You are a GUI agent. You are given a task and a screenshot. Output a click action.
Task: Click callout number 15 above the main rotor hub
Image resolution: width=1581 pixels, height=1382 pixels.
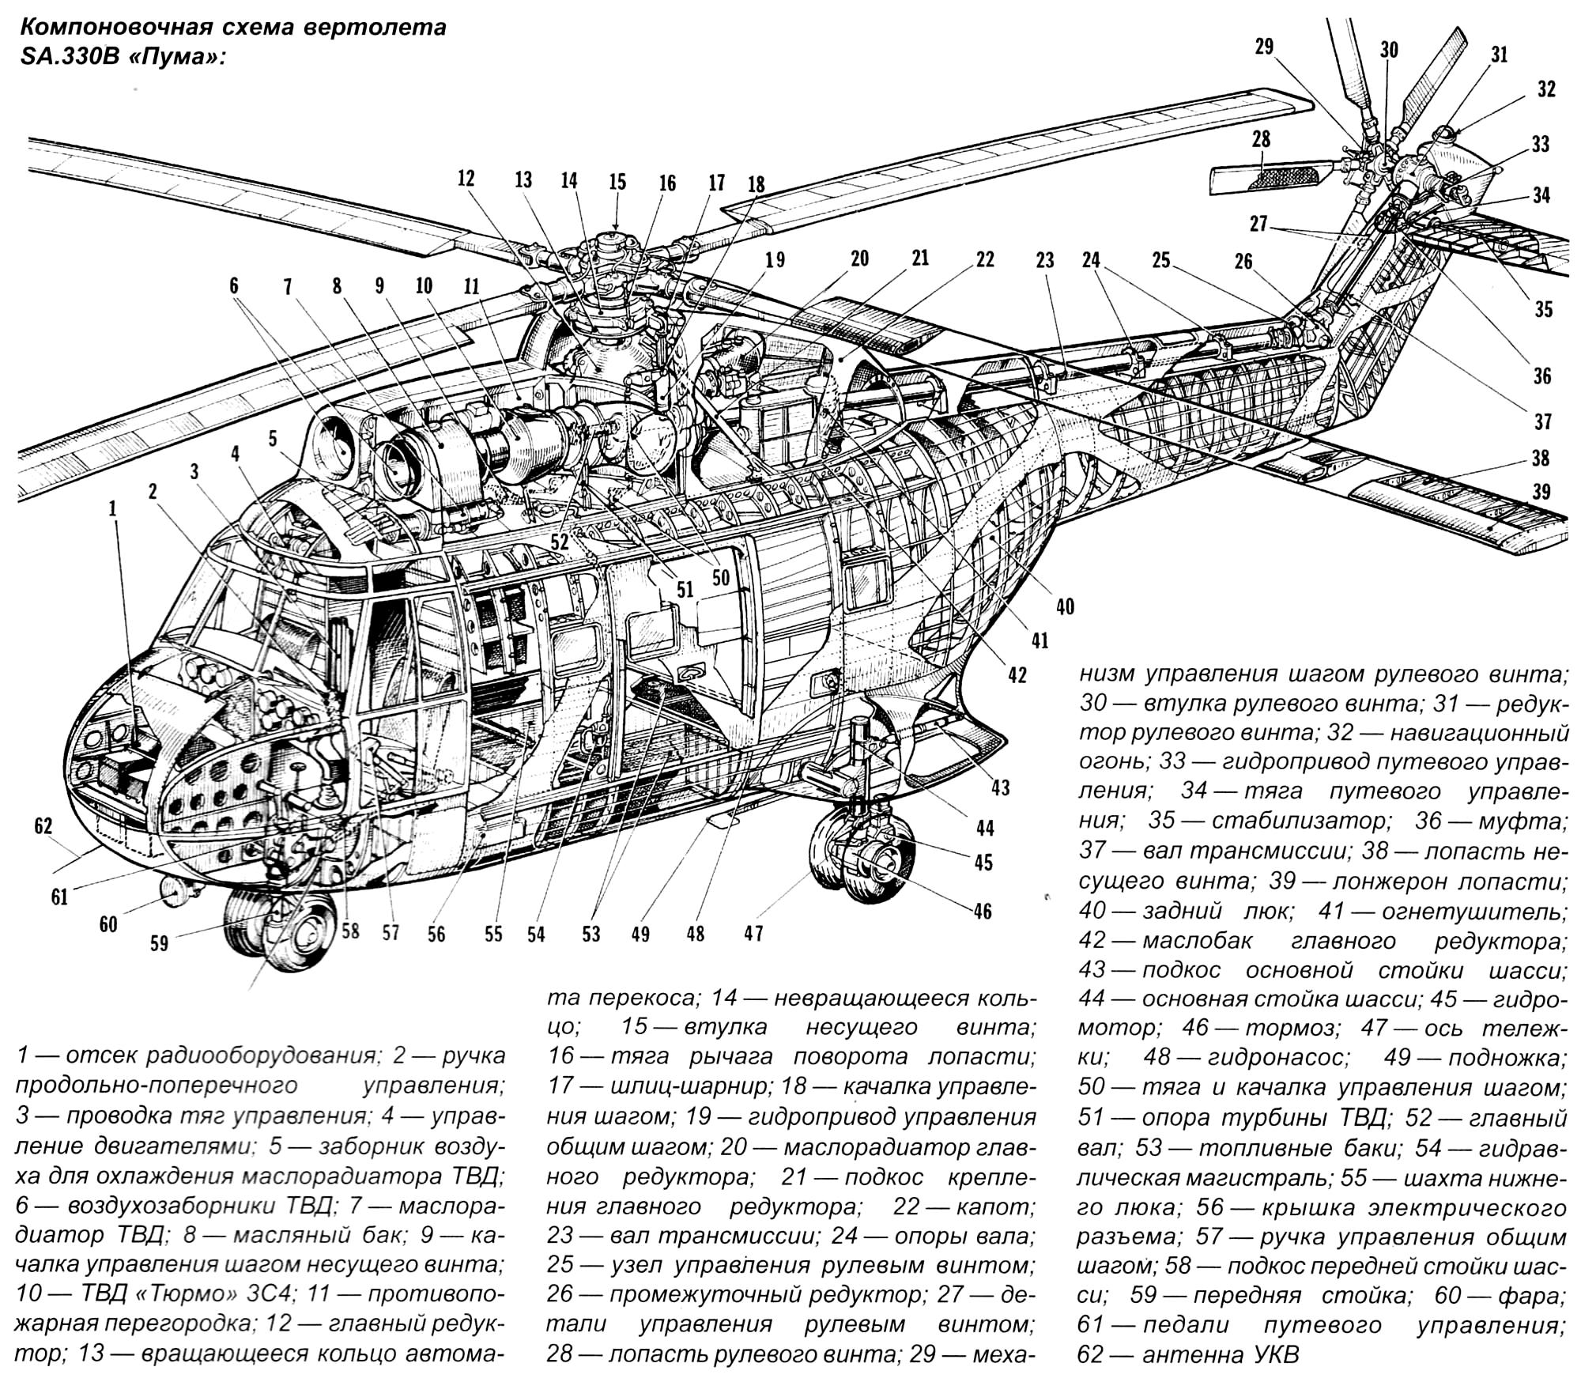[x=617, y=182]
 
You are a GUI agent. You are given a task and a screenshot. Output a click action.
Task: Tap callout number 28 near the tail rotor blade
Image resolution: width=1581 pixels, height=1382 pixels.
[x=1261, y=139]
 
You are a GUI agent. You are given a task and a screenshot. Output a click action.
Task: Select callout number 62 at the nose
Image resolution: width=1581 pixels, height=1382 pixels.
[x=43, y=826]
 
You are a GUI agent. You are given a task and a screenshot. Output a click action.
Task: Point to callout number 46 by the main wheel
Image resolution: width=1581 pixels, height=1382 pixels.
[x=982, y=912]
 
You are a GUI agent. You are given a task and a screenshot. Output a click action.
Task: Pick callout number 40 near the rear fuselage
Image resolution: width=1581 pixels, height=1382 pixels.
[x=1065, y=606]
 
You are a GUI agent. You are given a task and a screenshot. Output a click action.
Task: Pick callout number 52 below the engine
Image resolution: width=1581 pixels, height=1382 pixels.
[x=559, y=540]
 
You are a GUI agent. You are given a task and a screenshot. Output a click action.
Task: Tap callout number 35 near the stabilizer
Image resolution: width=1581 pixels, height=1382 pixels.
[x=1543, y=308]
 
